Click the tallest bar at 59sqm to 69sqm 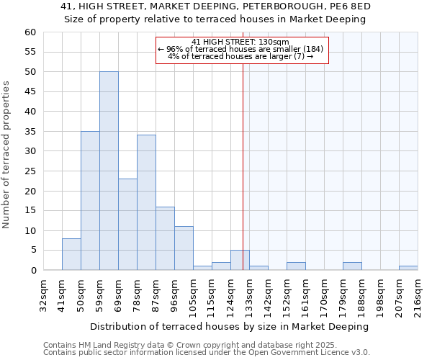(109, 171)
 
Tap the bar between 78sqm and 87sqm (146, 202)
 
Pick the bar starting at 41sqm (71, 254)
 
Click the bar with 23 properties (127, 225)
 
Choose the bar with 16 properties (165, 238)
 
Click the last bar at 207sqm (408, 268)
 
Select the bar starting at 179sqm (352, 266)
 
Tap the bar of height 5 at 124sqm (240, 260)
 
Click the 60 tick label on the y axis (30, 32)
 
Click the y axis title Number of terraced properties (7, 155)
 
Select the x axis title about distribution (229, 326)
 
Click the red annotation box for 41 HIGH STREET (241, 50)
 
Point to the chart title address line (215, 6)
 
